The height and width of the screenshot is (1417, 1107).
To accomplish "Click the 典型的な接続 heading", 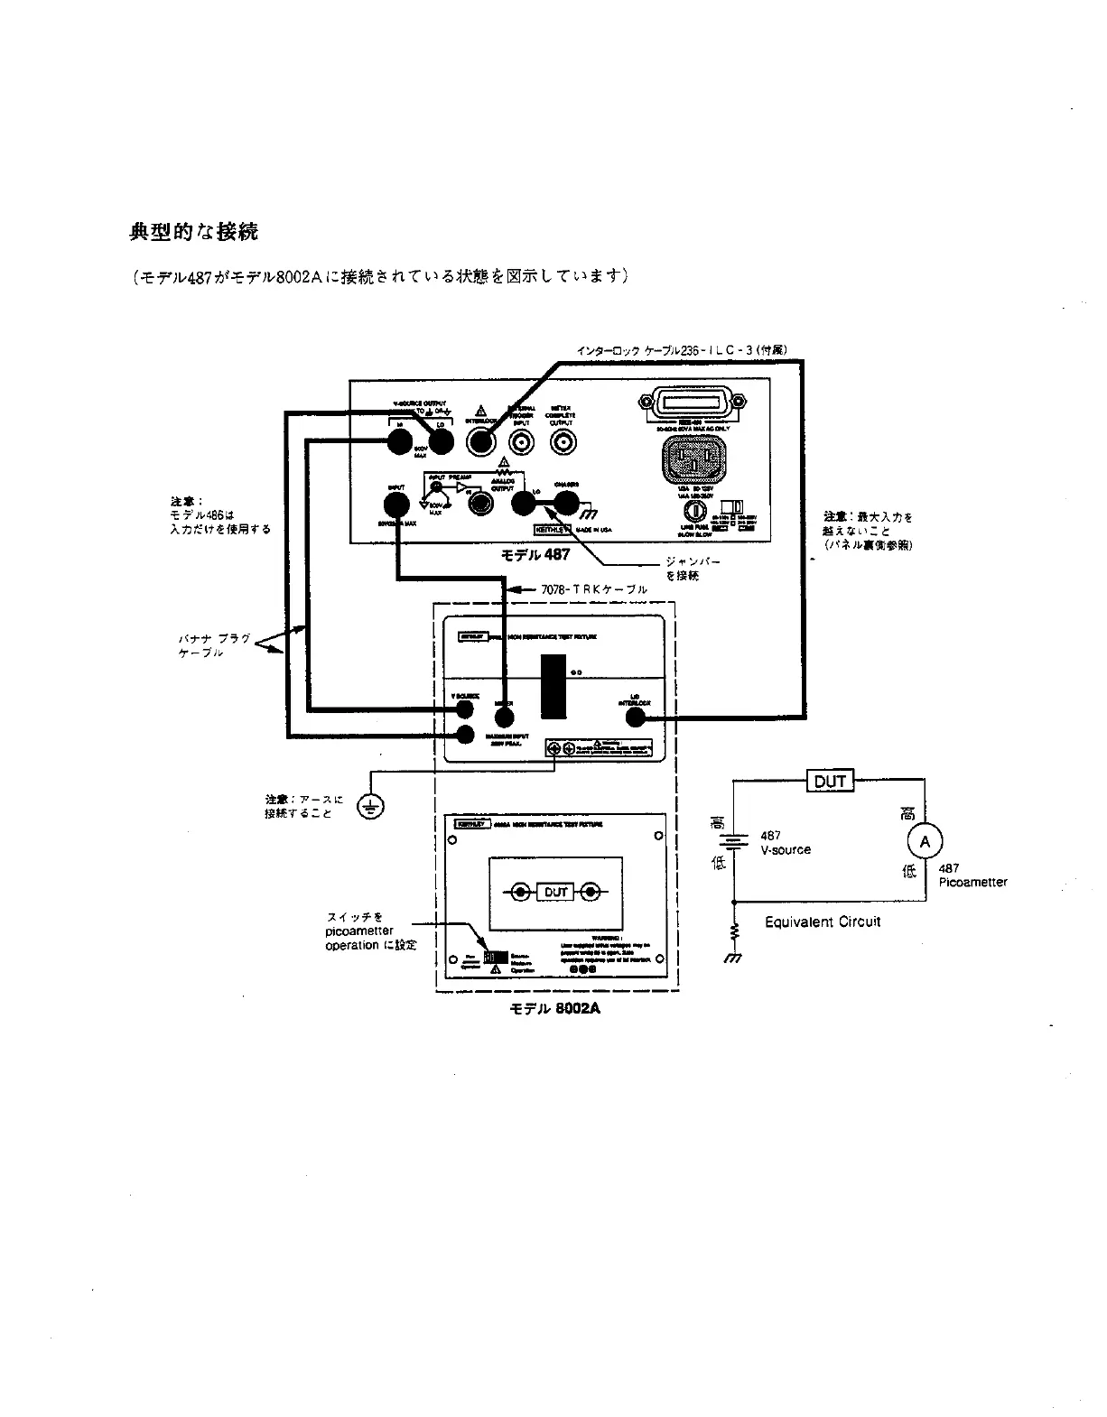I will pos(193,232).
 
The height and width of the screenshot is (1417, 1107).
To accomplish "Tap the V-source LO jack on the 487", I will pos(441,441).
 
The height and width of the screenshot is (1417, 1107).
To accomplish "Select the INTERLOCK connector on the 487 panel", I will pos(480,441).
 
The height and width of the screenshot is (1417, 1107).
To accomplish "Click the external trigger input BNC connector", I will pos(523,442).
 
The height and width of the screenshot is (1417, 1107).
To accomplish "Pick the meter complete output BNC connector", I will pos(564,442).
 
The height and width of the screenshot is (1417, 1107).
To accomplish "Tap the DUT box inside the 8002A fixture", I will pos(555,893).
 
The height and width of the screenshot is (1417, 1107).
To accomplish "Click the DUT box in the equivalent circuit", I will pos(829,781).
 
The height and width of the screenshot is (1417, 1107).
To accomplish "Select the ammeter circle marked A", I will pos(924,842).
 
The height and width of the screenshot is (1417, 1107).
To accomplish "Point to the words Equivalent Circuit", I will pos(822,922).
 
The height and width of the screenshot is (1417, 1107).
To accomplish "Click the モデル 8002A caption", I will pos(555,1008).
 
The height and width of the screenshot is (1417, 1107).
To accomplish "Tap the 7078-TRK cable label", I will pos(593,589).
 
